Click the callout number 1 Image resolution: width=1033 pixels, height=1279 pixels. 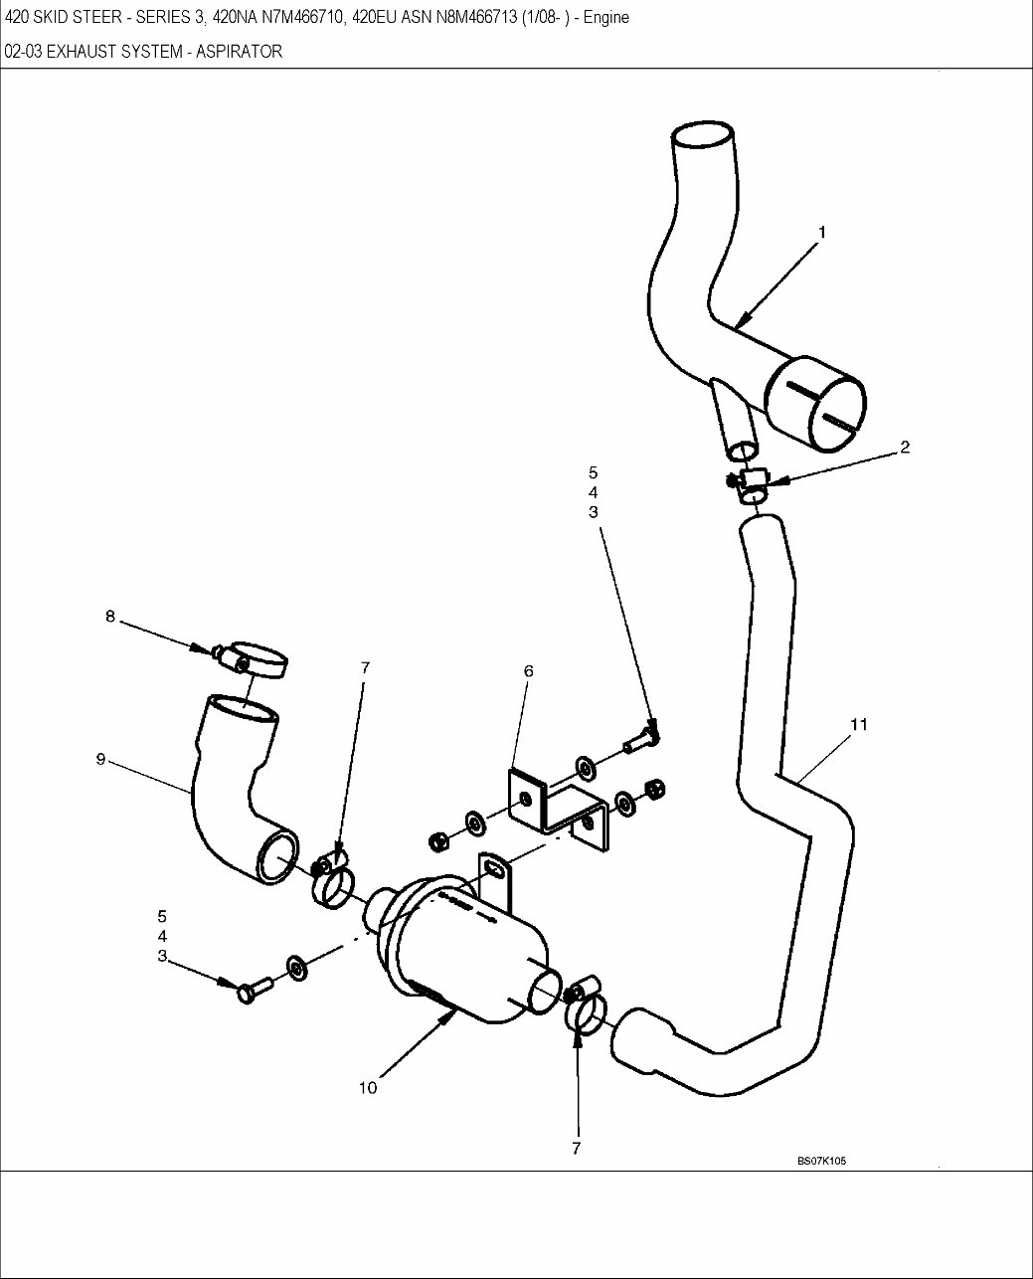coord(821,232)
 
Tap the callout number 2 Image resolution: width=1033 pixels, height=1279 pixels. coord(905,448)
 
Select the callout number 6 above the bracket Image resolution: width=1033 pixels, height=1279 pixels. coord(529,671)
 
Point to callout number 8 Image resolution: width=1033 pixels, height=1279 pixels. coord(109,617)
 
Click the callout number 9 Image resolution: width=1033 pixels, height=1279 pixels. coord(100,759)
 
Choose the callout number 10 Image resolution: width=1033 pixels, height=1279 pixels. coord(368,1088)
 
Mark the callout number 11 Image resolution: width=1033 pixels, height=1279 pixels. coord(859,724)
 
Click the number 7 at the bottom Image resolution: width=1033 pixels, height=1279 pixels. coord(576,1149)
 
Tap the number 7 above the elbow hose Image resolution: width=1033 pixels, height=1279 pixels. coord(365,668)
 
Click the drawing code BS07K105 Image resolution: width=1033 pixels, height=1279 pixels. coord(820,1161)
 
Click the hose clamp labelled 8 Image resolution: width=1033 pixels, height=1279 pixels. coord(257,659)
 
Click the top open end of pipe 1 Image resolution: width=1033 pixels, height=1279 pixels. coord(703,136)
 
